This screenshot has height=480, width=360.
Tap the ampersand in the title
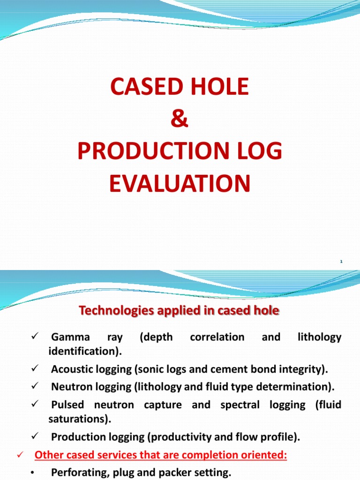(x=180, y=120)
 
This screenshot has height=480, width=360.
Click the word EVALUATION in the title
(x=180, y=183)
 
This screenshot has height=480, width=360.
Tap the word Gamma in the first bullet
(x=70, y=337)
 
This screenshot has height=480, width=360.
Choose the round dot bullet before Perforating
(x=32, y=473)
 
